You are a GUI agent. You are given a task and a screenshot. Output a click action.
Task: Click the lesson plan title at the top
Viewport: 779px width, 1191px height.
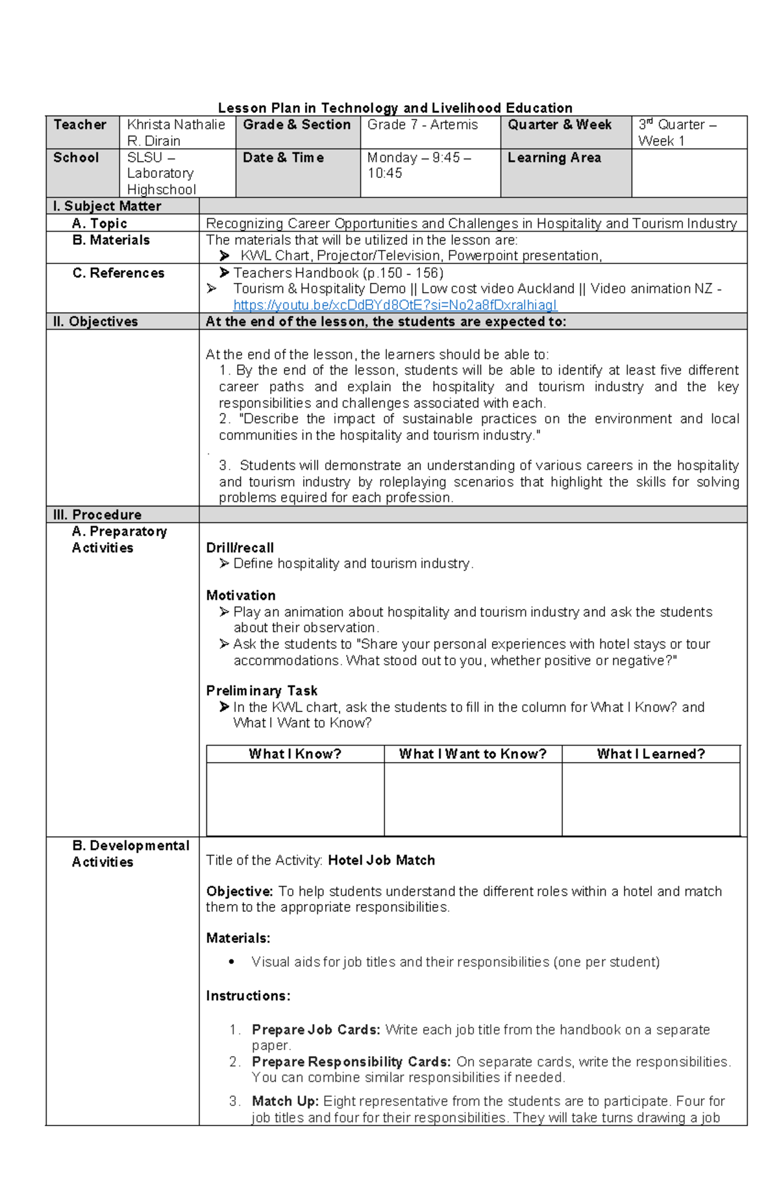click(x=395, y=108)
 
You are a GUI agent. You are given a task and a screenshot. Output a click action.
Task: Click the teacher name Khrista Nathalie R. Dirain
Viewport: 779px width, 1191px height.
click(x=176, y=132)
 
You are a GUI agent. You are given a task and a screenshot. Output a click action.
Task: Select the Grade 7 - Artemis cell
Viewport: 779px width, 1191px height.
click(x=423, y=125)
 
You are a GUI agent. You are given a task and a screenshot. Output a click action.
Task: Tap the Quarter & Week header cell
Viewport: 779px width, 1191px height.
click(x=560, y=125)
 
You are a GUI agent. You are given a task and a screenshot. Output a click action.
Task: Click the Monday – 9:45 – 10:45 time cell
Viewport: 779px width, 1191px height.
click(x=419, y=166)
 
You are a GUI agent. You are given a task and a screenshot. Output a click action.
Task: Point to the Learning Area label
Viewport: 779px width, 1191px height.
click(x=554, y=158)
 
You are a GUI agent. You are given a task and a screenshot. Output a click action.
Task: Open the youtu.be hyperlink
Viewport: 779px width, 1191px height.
click(x=395, y=305)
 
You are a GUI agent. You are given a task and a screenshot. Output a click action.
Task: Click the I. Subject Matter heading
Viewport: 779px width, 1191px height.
click(x=107, y=206)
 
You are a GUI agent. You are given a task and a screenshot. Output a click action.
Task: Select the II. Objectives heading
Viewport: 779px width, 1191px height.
click(x=95, y=321)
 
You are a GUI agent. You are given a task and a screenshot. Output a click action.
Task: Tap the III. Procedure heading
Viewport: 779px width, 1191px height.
click(x=97, y=515)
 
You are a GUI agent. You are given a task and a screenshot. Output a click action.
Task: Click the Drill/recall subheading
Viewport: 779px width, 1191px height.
click(x=240, y=548)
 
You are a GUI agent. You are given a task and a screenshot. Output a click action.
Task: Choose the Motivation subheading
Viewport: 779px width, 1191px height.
click(x=241, y=595)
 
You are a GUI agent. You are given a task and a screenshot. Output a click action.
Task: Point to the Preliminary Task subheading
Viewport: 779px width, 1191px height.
click(x=262, y=691)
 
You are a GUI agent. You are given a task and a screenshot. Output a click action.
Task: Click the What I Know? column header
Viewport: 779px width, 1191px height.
click(x=295, y=754)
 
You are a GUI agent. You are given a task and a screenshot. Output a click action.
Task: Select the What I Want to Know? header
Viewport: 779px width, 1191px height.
click(x=473, y=754)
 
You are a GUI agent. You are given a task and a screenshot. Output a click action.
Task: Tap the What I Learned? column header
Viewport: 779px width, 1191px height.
click(x=650, y=754)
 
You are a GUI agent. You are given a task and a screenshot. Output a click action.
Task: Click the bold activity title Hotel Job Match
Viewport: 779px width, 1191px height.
click(x=381, y=860)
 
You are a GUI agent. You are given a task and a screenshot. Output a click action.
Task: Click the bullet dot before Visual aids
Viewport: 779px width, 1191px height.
click(x=232, y=962)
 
